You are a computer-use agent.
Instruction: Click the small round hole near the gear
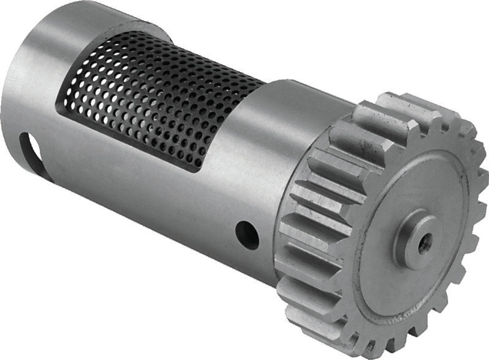[x=247, y=235]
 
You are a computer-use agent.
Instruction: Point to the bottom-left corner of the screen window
[x=59, y=111]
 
